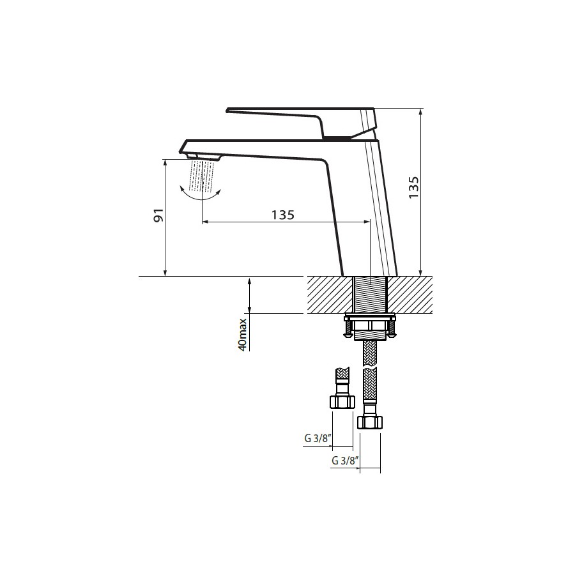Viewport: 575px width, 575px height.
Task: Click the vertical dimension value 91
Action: tap(159, 215)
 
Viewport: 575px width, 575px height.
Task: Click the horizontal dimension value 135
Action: tap(283, 215)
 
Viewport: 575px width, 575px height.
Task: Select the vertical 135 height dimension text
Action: tap(413, 187)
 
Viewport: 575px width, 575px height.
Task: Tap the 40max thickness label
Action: tap(243, 334)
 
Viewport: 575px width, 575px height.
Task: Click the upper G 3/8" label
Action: tap(318, 438)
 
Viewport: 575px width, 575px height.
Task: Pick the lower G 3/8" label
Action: tap(345, 461)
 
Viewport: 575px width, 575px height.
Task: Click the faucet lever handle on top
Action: tap(302, 123)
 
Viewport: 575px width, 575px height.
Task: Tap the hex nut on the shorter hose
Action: tap(342, 402)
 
